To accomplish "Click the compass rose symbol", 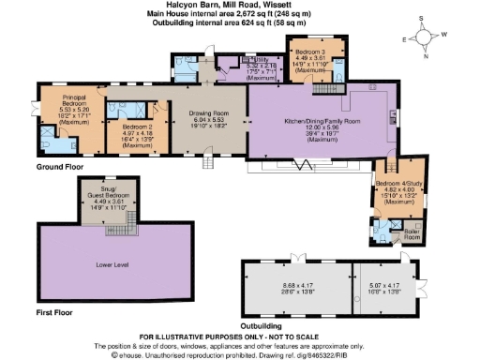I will (x=427, y=38).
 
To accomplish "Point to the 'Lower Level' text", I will (x=112, y=265).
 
